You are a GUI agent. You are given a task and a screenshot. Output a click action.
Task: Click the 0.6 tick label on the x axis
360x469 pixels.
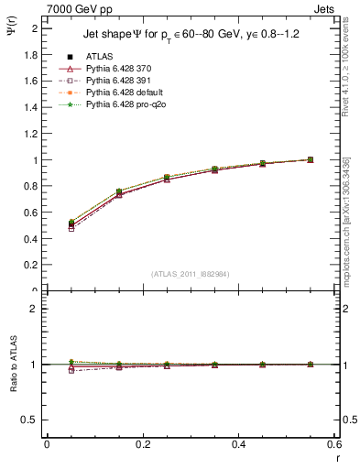click(x=334, y=444)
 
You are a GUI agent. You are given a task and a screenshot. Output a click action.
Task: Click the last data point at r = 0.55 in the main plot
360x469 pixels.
click(x=311, y=159)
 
